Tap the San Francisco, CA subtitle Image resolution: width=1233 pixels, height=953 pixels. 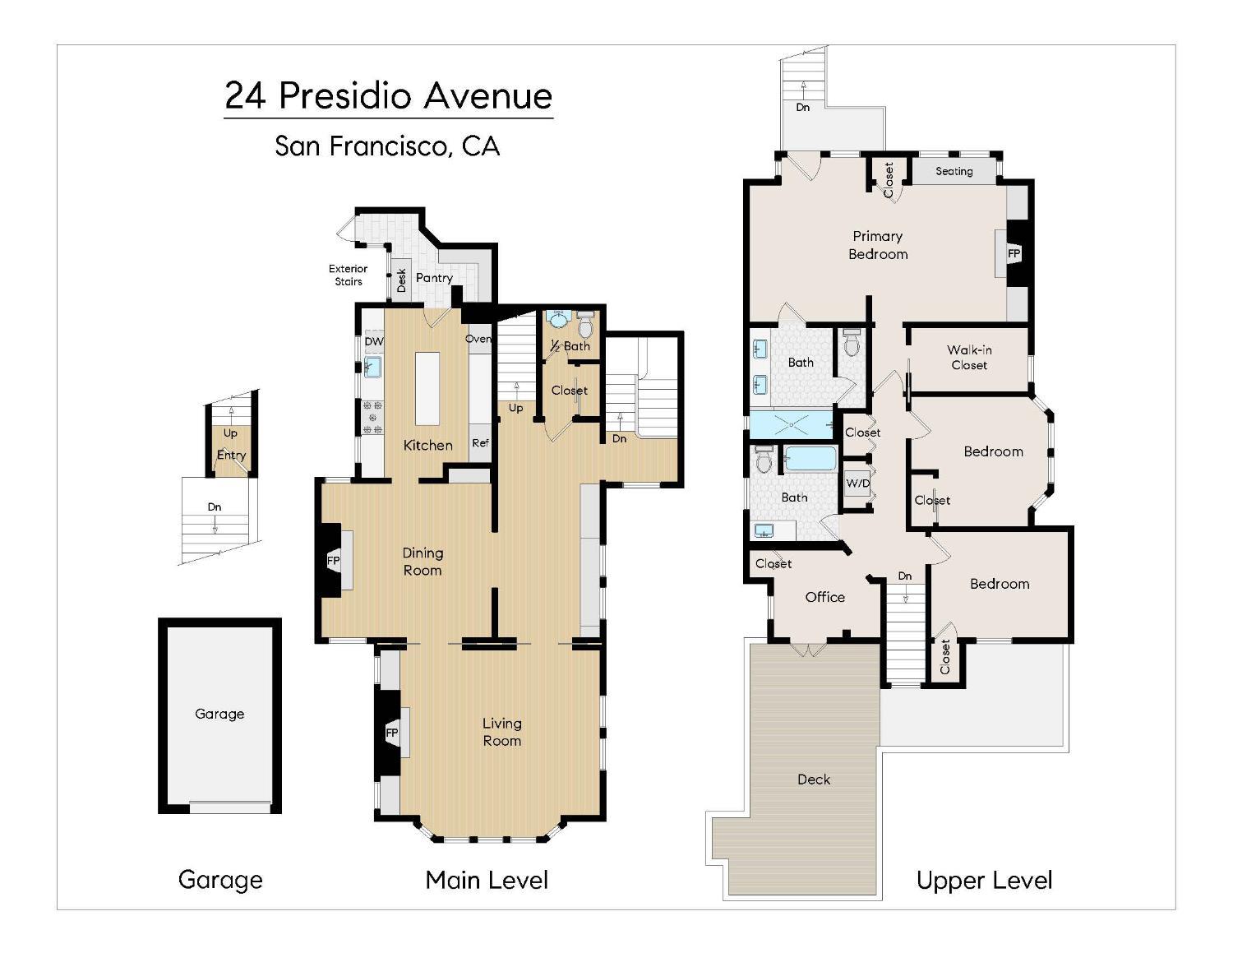(387, 146)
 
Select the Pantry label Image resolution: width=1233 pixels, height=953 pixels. (434, 278)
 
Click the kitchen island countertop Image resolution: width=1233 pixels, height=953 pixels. (427, 389)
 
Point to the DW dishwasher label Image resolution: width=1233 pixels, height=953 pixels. (374, 341)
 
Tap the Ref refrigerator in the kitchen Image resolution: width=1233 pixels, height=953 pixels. (480, 442)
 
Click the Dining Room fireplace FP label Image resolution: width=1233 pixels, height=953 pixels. (333, 561)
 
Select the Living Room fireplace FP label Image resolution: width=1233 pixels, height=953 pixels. (392, 733)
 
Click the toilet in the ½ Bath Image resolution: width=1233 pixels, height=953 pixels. (585, 325)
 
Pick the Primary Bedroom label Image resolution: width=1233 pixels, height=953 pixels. (878, 245)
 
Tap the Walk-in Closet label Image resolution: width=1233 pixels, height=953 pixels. (969, 358)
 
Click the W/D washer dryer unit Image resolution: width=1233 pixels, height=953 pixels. (857, 483)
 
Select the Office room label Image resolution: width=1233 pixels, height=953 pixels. (825, 597)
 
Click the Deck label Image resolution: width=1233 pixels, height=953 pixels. (814, 780)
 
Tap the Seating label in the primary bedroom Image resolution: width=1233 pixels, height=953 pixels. (954, 171)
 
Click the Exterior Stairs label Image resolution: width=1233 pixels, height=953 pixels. (348, 275)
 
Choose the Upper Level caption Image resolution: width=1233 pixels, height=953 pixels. (985, 881)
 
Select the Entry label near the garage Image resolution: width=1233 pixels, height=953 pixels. (231, 455)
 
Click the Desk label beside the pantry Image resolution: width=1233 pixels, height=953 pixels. (402, 280)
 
